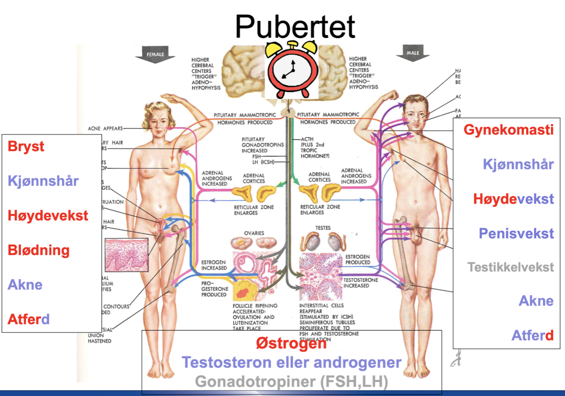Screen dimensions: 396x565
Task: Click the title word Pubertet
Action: [x=295, y=27]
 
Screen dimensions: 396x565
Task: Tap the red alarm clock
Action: [x=291, y=70]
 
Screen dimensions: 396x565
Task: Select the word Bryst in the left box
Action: [x=26, y=147]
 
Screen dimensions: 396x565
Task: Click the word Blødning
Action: [x=39, y=250]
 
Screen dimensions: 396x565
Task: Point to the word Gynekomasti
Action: [x=508, y=130]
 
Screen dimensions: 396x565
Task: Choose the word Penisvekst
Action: [x=516, y=233]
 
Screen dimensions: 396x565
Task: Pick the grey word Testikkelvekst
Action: [x=510, y=267]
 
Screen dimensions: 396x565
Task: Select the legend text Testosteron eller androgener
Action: [x=291, y=363]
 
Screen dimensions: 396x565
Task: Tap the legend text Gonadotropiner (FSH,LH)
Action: [x=291, y=382]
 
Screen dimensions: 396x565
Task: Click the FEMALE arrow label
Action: [x=155, y=55]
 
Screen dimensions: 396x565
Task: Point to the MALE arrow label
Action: [x=413, y=53]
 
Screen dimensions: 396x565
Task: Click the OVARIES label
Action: [x=254, y=233]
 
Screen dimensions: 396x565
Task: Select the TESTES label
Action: [x=323, y=228]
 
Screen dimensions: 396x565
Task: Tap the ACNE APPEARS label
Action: [x=105, y=128]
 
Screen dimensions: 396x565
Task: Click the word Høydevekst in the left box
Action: [x=48, y=216]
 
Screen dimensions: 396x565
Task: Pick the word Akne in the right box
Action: [x=536, y=301]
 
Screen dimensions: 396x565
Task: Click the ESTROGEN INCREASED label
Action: [x=214, y=265]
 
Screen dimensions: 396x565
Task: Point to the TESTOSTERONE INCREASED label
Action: [x=360, y=283]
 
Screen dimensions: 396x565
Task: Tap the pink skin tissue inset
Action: [x=127, y=255]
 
